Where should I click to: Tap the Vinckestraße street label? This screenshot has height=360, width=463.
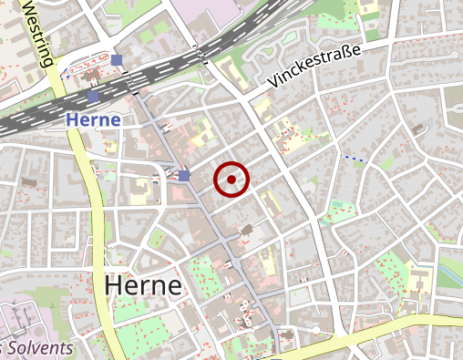click(316, 68)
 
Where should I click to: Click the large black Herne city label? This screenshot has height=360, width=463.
click(143, 284)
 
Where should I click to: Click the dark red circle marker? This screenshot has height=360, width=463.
click(231, 180)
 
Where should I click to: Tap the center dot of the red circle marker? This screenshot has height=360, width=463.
click(231, 180)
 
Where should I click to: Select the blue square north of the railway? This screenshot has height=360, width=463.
click(118, 60)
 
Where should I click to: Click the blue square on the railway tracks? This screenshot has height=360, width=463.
click(93, 96)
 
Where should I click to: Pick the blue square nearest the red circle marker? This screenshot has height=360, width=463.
click(184, 175)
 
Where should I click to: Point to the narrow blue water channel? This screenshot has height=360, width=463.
click(450, 274)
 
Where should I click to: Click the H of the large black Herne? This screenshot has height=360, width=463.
click(114, 284)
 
